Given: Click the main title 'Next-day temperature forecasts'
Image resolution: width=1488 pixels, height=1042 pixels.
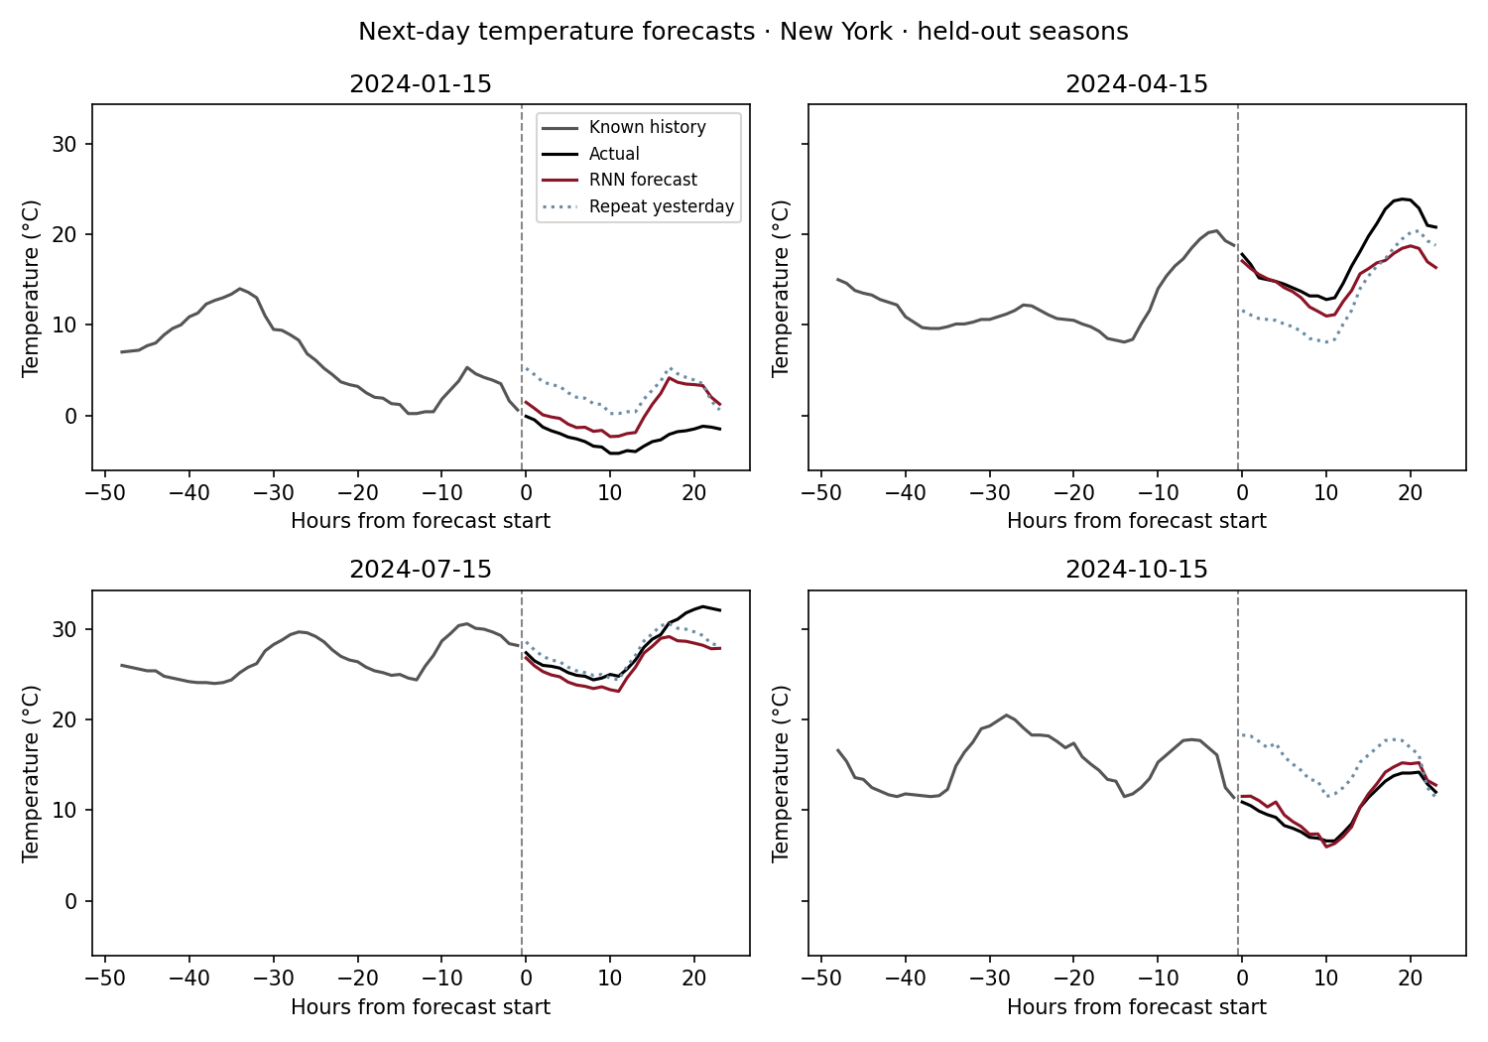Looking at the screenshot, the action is [556, 32].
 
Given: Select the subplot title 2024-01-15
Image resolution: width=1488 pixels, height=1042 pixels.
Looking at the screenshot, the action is [421, 84].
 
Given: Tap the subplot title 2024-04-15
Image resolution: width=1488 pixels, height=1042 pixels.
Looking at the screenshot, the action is [1137, 84].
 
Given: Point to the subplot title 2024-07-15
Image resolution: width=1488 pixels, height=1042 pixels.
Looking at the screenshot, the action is [421, 570].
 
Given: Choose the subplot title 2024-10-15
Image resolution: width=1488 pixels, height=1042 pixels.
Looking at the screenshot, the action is [1137, 570].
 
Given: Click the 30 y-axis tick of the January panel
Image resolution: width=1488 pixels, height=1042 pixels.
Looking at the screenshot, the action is [63, 144].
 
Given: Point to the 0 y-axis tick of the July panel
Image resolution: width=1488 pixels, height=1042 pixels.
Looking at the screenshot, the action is [70, 902].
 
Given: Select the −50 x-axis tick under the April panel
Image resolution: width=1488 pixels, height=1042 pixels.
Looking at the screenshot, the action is [821, 493].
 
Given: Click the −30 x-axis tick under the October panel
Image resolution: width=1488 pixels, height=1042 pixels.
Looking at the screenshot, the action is [989, 978].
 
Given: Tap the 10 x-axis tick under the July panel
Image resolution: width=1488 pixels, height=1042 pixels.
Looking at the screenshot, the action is [609, 978].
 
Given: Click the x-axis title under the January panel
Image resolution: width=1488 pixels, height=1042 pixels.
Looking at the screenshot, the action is [421, 521].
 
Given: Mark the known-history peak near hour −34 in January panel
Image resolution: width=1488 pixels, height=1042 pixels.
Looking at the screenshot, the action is [240, 289].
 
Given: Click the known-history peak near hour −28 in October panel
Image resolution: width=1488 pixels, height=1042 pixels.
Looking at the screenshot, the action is [1007, 716].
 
